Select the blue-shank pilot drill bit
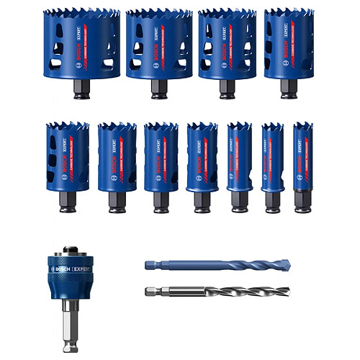point(194,265)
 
